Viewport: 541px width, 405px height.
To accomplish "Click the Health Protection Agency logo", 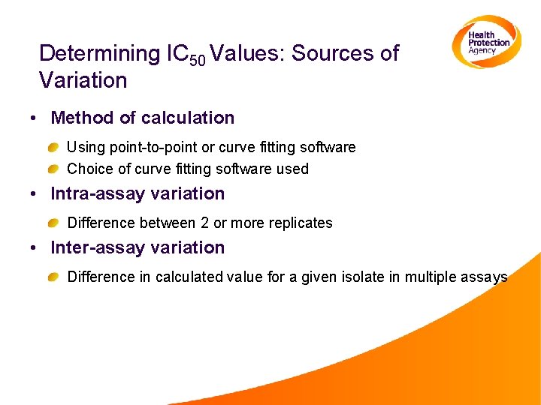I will click(486, 42).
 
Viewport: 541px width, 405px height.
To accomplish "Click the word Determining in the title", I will click(95, 53).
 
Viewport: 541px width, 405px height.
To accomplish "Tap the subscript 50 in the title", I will click(196, 60).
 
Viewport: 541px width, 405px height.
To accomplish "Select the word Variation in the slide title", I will click(83, 79).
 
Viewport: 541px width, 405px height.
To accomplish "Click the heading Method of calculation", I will click(142, 118).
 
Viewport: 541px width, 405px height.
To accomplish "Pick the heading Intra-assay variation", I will click(138, 193).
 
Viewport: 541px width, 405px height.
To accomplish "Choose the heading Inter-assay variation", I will click(138, 247).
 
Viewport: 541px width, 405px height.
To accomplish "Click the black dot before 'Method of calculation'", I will click(35, 118).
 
